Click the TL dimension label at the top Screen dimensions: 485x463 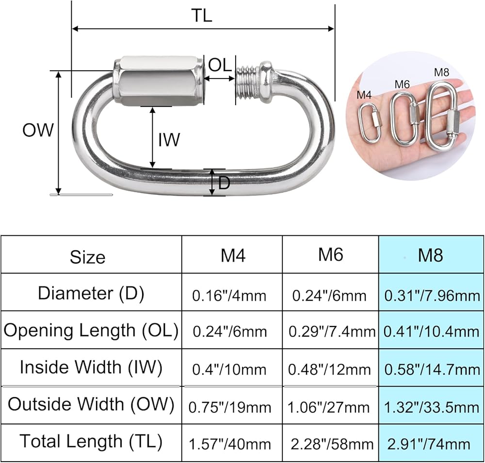202,15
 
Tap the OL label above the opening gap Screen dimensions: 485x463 220,65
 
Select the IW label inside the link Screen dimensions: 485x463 169,139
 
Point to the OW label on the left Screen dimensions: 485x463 38,130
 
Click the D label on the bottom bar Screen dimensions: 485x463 224,183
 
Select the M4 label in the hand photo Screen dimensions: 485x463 364,95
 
